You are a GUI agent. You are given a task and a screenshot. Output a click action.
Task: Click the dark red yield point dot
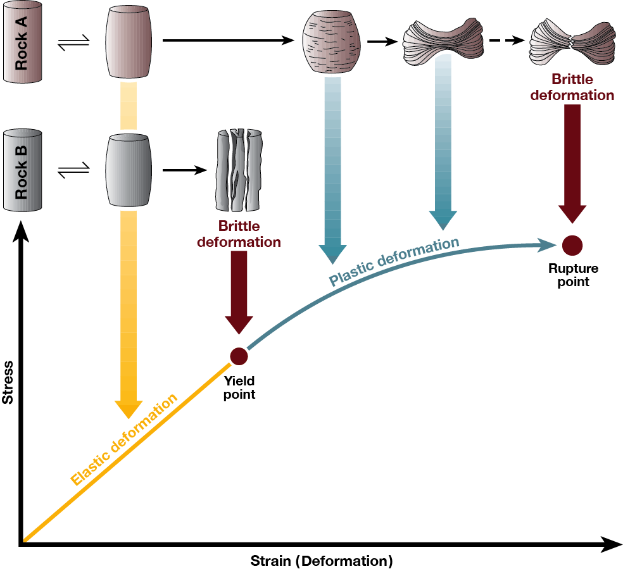pos(239,356)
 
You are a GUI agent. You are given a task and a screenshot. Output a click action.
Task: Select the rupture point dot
pos(572,244)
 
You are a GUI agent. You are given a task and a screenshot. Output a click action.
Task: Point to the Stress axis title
pos(8,382)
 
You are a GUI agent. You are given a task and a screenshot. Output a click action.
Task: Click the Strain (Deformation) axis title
pos(322,561)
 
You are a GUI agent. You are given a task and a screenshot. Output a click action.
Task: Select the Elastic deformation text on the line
pos(125,439)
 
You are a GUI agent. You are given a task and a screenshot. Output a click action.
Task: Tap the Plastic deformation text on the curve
pos(394,261)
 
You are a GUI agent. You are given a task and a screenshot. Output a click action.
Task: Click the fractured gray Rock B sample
pos(238,170)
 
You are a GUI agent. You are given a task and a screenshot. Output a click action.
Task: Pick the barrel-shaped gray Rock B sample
pos(128,170)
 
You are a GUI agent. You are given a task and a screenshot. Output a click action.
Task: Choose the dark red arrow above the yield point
pos(239,292)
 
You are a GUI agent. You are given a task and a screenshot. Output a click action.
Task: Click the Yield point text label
pos(239,388)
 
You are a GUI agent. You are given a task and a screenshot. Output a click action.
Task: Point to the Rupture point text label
pos(573,275)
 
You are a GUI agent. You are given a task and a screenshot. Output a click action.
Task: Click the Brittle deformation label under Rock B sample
pos(239,234)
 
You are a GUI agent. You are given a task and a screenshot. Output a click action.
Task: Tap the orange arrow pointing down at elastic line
pos(128,316)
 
